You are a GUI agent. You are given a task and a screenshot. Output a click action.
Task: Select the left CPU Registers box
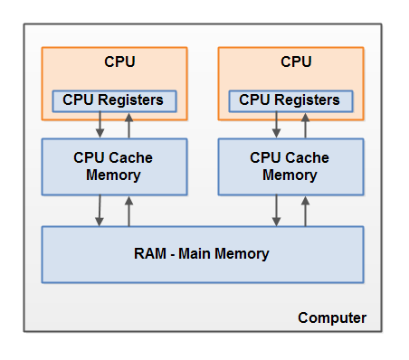tap(114, 99)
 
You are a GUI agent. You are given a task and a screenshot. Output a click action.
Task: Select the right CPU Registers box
tap(290, 99)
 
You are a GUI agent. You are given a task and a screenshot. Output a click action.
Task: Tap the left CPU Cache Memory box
tap(114, 166)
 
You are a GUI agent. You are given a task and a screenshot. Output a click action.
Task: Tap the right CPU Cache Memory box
tap(290, 166)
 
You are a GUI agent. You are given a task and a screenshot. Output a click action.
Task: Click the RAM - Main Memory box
tap(203, 254)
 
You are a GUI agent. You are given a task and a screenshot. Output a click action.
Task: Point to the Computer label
tap(332, 317)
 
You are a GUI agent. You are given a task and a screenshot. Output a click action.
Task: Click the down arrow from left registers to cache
tap(100, 125)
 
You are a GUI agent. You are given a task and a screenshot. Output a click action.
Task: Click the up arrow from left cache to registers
tap(128, 125)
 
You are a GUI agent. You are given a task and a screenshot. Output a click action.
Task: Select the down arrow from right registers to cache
tap(276, 125)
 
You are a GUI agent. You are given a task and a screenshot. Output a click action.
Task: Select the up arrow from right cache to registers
tap(305, 125)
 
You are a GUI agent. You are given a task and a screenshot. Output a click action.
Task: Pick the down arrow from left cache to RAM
tap(100, 211)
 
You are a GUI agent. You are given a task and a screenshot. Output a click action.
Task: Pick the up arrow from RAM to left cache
tap(128, 211)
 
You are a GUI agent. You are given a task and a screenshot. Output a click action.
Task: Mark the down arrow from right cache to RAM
tap(276, 211)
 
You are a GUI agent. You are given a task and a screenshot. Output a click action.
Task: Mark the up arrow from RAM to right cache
tap(305, 211)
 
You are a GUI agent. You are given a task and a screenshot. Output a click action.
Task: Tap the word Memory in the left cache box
tap(114, 175)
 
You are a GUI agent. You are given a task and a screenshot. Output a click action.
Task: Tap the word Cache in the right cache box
tap(307, 157)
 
